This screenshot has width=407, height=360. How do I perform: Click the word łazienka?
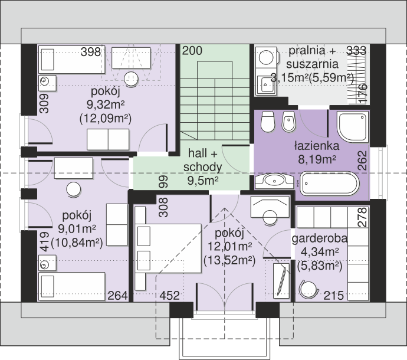click(317, 146)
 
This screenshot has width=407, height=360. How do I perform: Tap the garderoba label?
click(320, 238)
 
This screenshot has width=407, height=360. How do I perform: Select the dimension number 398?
click(91, 52)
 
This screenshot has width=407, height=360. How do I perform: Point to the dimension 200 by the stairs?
click(192, 51)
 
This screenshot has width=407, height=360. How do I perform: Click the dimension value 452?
click(169, 296)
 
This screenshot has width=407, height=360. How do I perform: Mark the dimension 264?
click(117, 296)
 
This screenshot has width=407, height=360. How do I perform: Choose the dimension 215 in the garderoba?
click(333, 296)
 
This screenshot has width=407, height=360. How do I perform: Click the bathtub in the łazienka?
click(330, 184)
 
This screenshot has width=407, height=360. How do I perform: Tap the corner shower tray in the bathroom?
click(353, 127)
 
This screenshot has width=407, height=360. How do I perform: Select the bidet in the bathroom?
click(289, 122)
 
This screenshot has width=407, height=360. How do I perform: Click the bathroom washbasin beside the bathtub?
click(274, 181)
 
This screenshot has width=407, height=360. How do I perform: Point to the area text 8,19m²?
click(317, 159)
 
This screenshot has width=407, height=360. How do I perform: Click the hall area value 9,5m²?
click(203, 181)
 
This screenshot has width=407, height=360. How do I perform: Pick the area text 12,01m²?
click(229, 246)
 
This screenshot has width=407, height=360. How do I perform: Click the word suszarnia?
click(312, 64)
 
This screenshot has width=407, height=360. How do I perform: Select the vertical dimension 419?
click(45, 242)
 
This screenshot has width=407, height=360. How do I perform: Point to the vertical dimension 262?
click(362, 161)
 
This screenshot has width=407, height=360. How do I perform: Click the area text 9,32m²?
click(106, 104)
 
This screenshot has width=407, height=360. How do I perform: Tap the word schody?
click(203, 167)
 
